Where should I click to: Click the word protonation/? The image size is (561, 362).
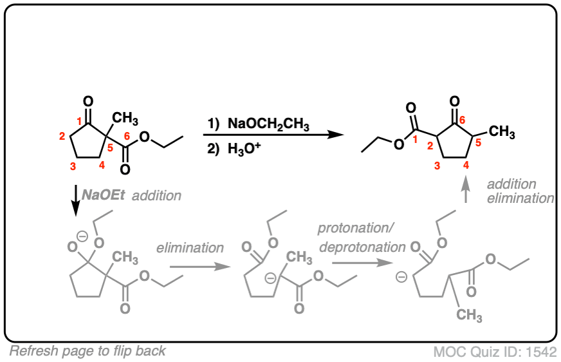point(355,229)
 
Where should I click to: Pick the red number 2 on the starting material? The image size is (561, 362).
point(62,136)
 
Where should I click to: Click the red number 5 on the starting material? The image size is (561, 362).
point(109,147)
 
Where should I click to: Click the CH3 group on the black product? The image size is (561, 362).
point(502,132)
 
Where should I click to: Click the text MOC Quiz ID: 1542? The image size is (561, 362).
point(494,351)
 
